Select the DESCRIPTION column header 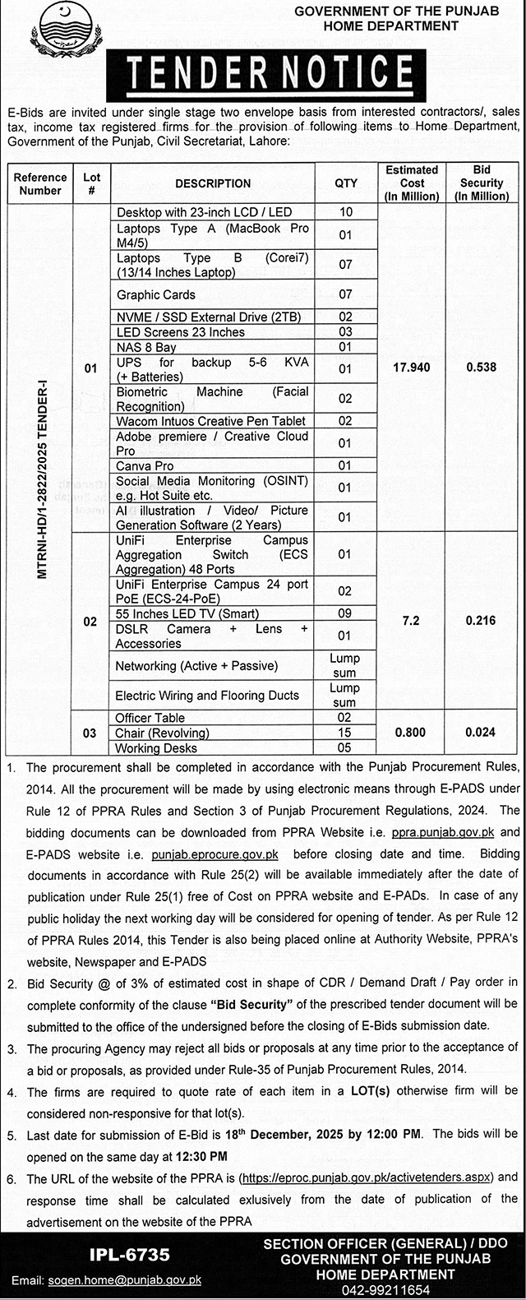click(x=213, y=183)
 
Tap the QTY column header click(x=346, y=183)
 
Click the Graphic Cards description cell click(x=156, y=294)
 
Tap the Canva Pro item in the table click(x=145, y=466)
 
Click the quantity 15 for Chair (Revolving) click(x=345, y=733)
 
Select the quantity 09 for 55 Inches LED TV click(x=345, y=613)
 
